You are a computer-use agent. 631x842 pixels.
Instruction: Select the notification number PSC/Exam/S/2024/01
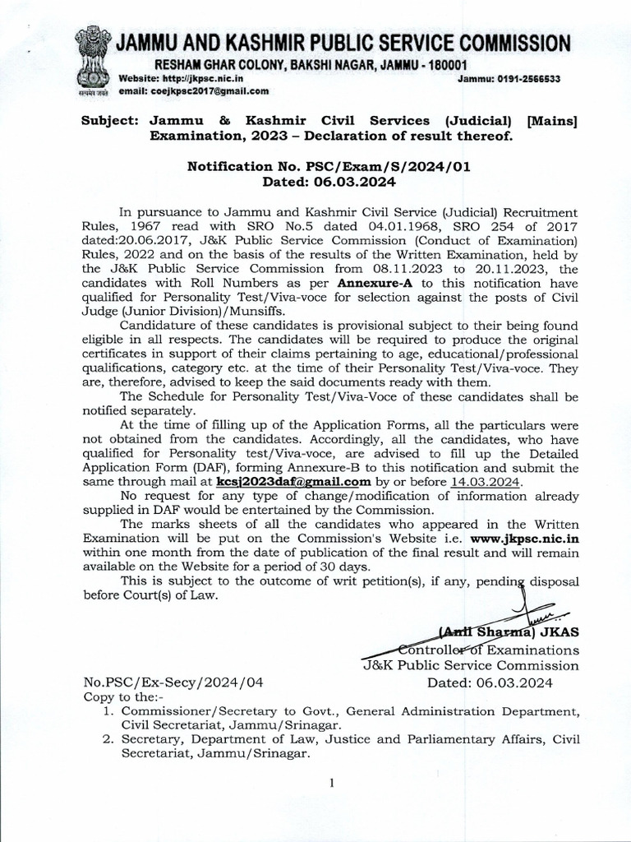pos(365,166)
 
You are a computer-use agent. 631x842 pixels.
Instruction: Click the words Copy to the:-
pos(118,696)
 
